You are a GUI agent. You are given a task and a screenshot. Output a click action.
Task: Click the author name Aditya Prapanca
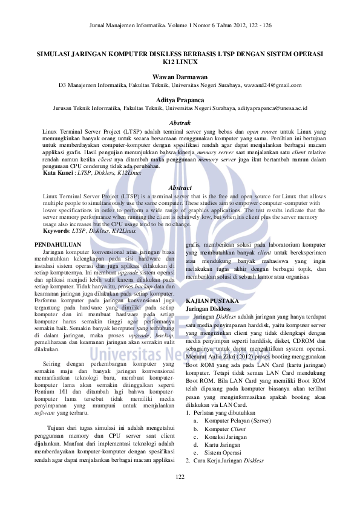point(180,100)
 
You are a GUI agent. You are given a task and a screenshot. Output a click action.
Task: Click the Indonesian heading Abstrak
point(180,123)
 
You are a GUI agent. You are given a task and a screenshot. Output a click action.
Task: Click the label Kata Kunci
point(56,173)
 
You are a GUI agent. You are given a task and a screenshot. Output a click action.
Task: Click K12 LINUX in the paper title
point(180,62)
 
